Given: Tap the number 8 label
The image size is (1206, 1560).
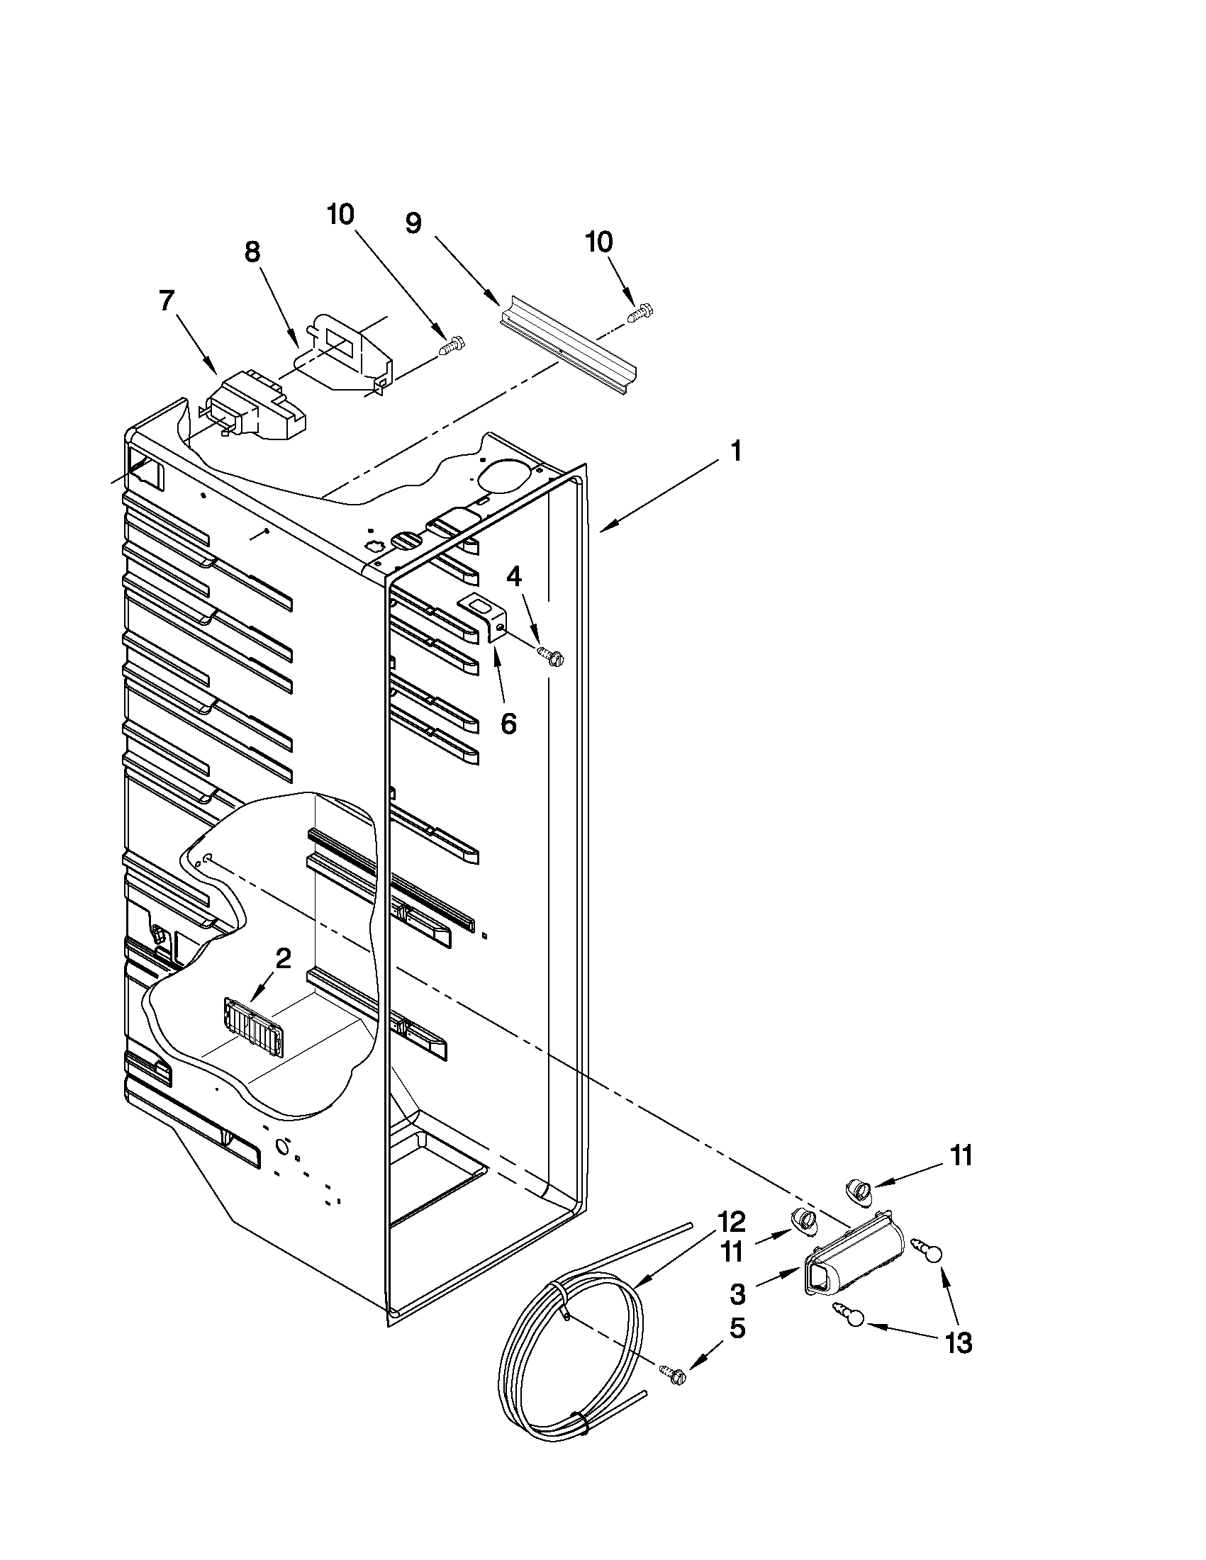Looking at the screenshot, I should coord(252,252).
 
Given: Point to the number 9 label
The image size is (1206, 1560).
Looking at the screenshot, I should coord(413,223).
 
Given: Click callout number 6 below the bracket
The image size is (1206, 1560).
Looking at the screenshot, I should coord(507,723).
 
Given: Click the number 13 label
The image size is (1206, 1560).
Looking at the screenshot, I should coord(959,1343).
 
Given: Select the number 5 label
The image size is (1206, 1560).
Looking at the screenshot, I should coord(737,1329).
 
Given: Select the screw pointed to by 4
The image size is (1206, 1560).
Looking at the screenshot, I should coord(552,653).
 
